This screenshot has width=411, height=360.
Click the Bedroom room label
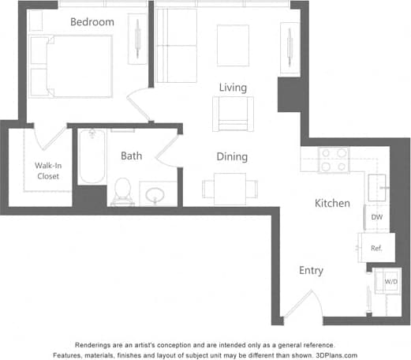[x=92, y=22]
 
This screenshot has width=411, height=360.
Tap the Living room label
[x=234, y=87]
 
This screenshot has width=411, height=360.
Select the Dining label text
[x=232, y=156]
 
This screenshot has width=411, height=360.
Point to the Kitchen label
[x=332, y=203]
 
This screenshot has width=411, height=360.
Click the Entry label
[x=311, y=271]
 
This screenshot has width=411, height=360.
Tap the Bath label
[x=131, y=156]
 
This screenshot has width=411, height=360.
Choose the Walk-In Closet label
[x=47, y=171]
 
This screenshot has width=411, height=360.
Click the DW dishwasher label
[x=377, y=217]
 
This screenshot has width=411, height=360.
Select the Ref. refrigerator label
[x=376, y=248]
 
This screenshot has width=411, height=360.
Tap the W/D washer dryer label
[x=390, y=281]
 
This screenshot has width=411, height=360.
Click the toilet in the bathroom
[x=122, y=189]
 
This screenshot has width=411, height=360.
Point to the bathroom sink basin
[x=156, y=193]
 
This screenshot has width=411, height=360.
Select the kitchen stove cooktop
[x=334, y=160]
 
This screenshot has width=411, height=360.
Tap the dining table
[x=230, y=188]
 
